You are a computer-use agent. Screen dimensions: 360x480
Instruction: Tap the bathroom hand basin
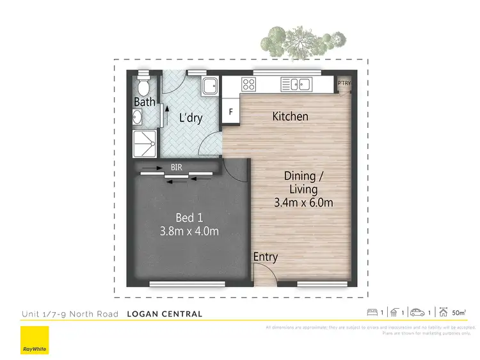[x=138, y=117]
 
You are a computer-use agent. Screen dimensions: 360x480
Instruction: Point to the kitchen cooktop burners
[x=248, y=84]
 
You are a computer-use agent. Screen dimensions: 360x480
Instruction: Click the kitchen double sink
[x=296, y=84]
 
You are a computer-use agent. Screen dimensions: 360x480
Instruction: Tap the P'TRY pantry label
[x=344, y=83]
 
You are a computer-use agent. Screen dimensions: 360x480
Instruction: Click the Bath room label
[x=144, y=102]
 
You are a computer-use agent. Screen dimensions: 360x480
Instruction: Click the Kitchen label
[x=290, y=116]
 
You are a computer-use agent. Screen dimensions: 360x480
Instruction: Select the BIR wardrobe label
[x=177, y=168]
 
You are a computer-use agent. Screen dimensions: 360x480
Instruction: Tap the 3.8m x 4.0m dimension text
[x=189, y=231]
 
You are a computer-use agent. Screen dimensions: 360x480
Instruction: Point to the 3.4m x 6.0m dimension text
[x=303, y=203]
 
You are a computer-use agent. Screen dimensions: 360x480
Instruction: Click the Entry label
[x=266, y=257]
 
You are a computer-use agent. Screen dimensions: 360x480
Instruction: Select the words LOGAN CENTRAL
[x=164, y=314]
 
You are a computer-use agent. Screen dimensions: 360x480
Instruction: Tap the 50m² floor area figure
[x=459, y=313]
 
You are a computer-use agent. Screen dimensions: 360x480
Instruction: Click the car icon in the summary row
[x=417, y=313]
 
